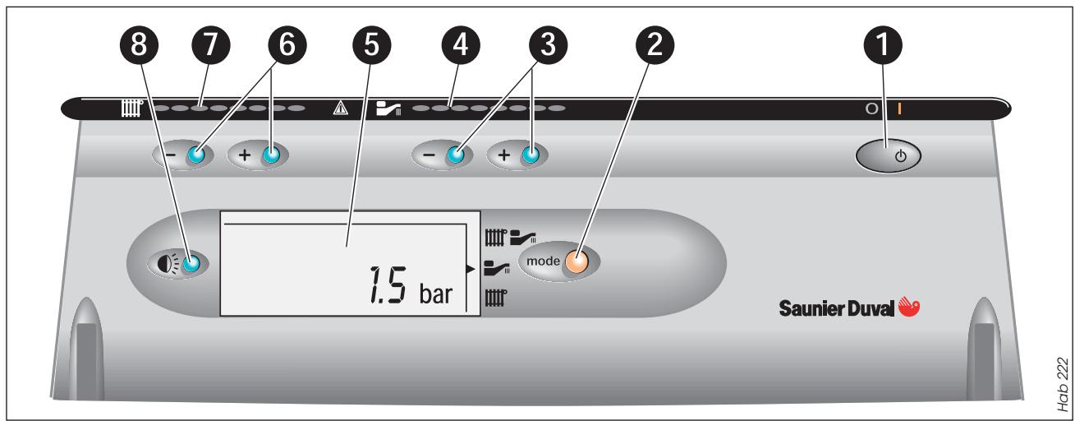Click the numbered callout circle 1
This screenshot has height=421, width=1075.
click(883, 45)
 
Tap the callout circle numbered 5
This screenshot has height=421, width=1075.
click(371, 45)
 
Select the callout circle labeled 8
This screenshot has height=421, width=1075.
click(139, 45)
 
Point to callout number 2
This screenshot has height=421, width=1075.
click(655, 45)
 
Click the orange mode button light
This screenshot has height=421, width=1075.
click(577, 262)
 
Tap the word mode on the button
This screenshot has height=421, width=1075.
click(544, 261)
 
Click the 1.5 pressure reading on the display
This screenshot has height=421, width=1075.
click(388, 285)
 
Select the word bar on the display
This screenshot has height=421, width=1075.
click(435, 294)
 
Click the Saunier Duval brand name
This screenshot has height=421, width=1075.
click(837, 308)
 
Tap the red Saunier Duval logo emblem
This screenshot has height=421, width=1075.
click(908, 306)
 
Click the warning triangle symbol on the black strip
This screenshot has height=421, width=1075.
click(340, 108)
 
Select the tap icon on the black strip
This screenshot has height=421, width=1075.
click(388, 109)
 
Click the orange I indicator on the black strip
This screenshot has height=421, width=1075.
click(899, 109)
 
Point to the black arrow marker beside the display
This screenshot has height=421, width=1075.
click(471, 269)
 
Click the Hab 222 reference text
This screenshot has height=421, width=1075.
click(1063, 384)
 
